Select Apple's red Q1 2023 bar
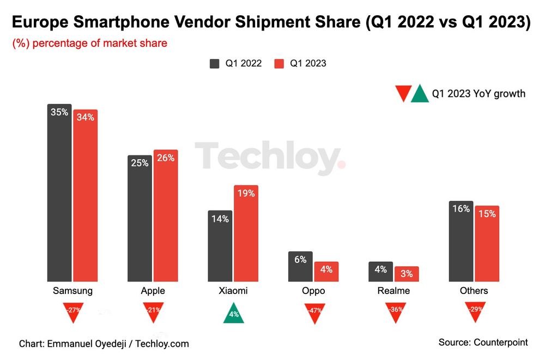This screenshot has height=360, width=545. [x=166, y=215]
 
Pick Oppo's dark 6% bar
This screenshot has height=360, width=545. [x=300, y=267]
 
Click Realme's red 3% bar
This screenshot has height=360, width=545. [x=407, y=274]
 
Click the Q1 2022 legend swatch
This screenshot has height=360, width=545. [x=215, y=63]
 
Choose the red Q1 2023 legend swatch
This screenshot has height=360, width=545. [x=278, y=63]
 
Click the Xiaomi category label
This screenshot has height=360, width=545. [x=233, y=291]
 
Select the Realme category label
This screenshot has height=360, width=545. [x=393, y=291]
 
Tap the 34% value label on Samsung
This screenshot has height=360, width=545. [x=86, y=117]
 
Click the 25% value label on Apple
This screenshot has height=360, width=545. [x=139, y=163]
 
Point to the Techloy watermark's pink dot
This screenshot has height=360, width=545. [x=341, y=164]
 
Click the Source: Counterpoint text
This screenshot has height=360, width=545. [x=483, y=342]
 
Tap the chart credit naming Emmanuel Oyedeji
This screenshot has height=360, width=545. [x=104, y=344]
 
